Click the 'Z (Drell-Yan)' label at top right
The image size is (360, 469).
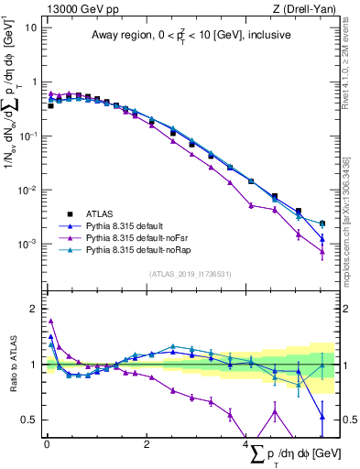[x=308, y=8]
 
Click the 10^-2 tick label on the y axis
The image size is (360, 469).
[x=28, y=191]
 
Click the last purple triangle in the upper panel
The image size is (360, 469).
[x=322, y=252]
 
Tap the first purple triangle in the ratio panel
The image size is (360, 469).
[x=50, y=321]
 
